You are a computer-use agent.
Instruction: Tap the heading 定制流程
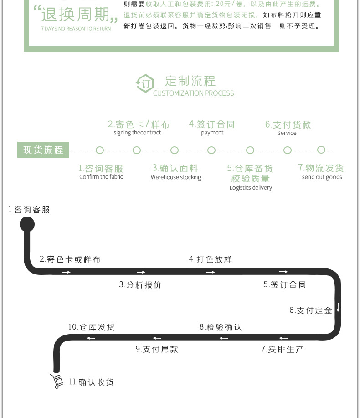[x=190, y=81]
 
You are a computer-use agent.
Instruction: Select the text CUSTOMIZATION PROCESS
[x=193, y=93]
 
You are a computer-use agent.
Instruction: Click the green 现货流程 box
[x=43, y=150]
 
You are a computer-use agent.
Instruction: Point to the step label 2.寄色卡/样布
[x=139, y=124]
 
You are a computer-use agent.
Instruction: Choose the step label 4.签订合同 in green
[x=212, y=124]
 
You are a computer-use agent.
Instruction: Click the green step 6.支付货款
[x=288, y=124]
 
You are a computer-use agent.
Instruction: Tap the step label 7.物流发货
[x=321, y=168]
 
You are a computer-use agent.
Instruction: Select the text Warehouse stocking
[x=176, y=177]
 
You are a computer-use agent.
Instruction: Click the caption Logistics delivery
[x=251, y=188]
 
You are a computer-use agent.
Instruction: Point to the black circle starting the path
[x=27, y=224]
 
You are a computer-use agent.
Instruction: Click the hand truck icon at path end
[x=57, y=381]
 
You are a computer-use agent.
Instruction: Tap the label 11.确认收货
[x=91, y=382]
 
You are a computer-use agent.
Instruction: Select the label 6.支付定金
[x=311, y=310]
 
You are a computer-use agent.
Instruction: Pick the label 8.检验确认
[x=220, y=327]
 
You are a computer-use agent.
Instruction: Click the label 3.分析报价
[x=140, y=285]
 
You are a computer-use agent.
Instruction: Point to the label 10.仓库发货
[x=92, y=327]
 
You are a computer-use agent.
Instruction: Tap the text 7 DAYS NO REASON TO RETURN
[x=76, y=29]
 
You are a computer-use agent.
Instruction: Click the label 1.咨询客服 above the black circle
[x=29, y=210]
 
